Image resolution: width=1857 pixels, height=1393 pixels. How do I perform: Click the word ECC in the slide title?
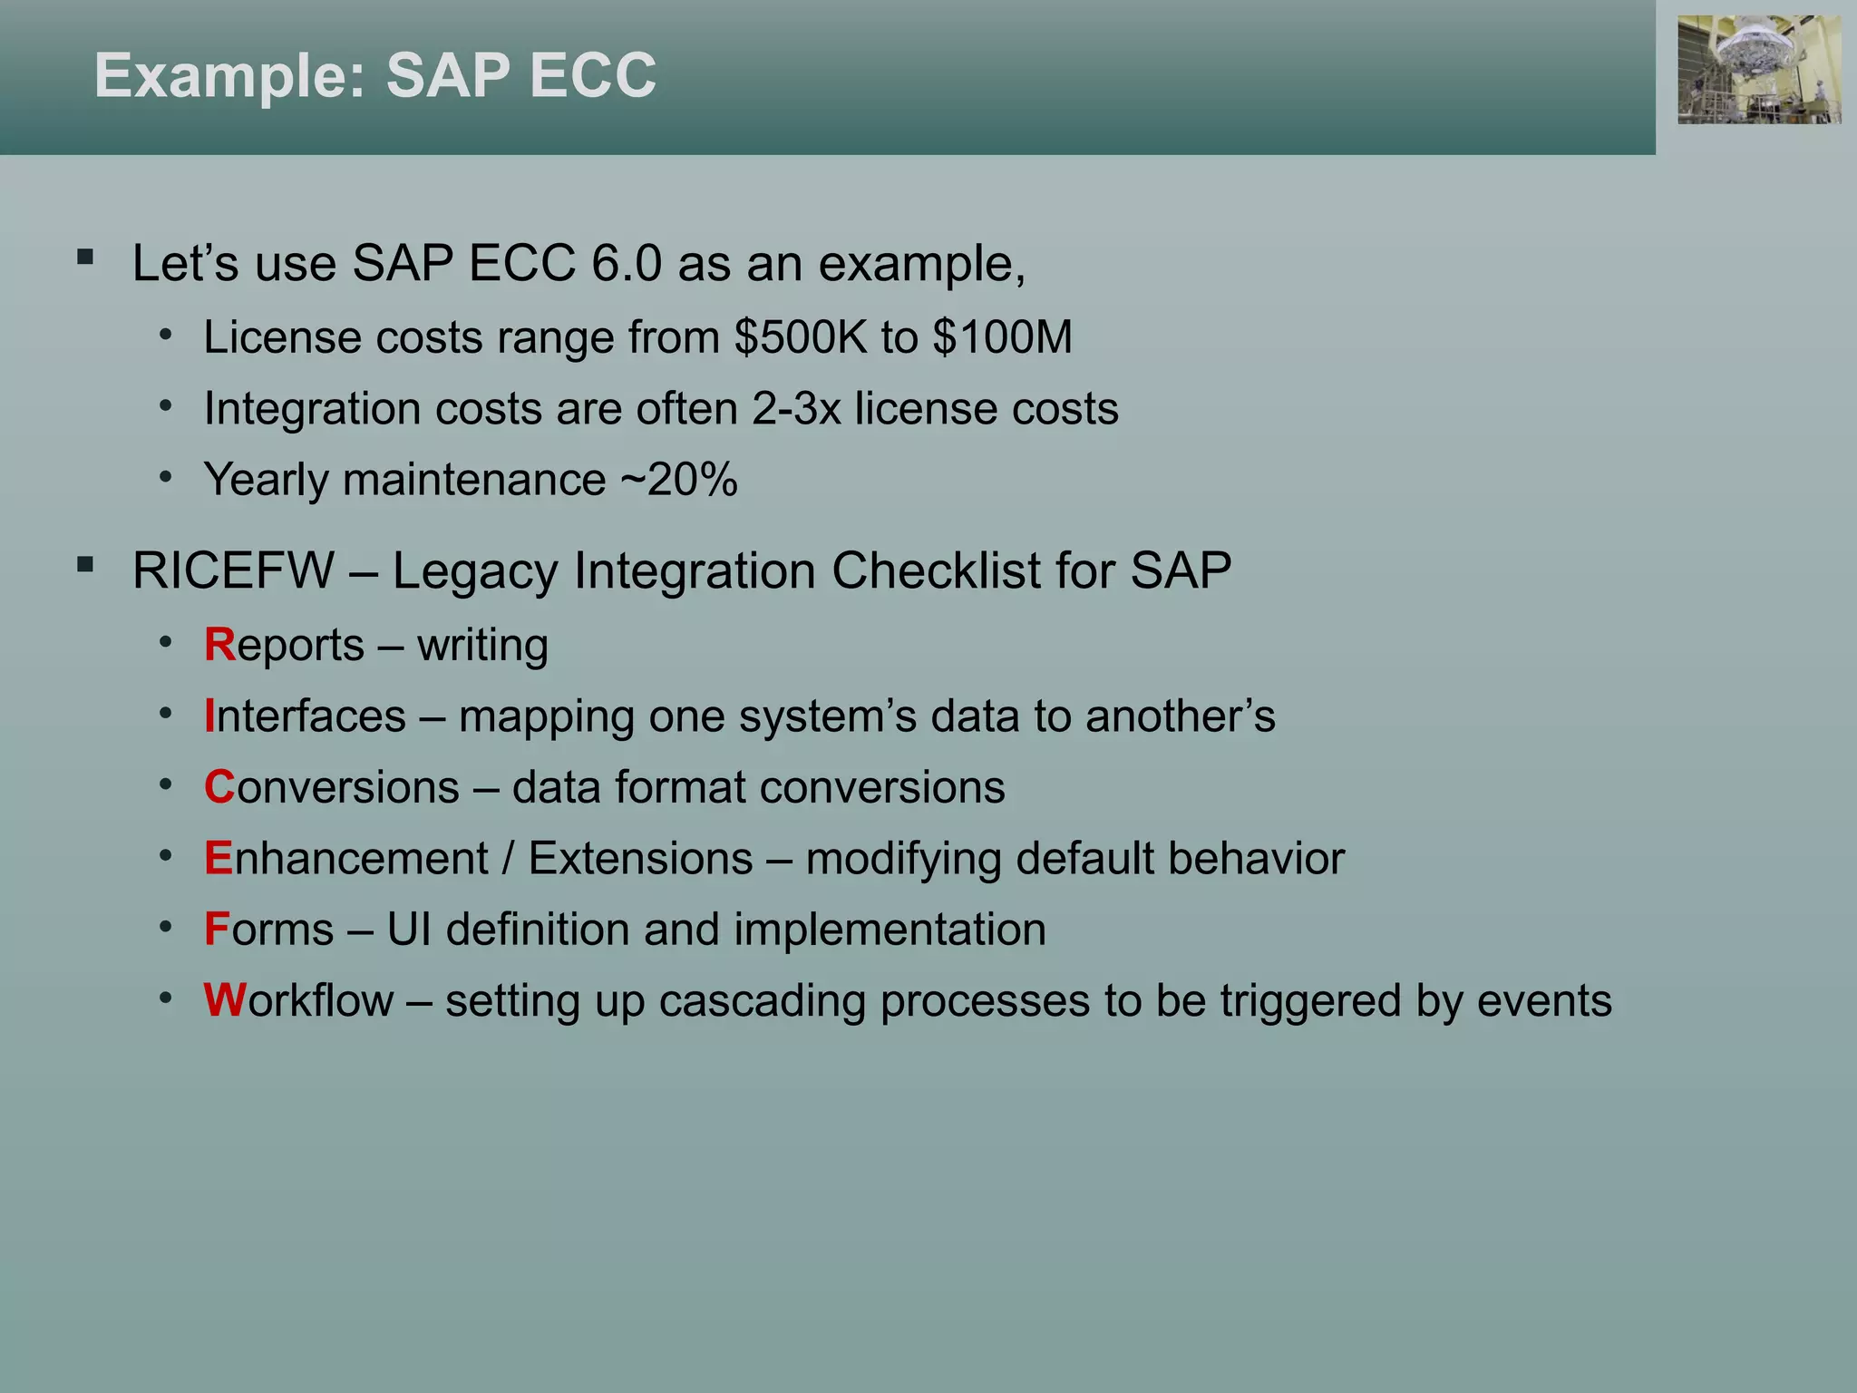pos(592,75)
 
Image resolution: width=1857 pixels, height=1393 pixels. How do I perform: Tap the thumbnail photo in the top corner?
pos(1758,70)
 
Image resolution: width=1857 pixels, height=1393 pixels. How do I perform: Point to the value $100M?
pos(1002,337)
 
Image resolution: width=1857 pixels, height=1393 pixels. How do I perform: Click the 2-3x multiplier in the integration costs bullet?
pos(796,409)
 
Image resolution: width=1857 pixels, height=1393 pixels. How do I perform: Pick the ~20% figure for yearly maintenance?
pos(678,480)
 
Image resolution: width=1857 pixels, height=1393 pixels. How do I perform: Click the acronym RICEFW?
pos(233,571)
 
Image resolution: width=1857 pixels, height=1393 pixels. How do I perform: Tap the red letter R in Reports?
pos(219,645)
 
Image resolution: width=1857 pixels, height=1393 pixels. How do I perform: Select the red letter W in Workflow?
pos(224,1000)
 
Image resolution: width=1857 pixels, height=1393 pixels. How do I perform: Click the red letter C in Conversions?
pos(219,787)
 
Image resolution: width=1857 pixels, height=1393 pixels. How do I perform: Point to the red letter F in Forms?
pos(217,930)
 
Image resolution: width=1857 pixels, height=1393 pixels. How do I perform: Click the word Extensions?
pos(640,859)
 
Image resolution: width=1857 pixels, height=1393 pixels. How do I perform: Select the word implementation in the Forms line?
pos(890,930)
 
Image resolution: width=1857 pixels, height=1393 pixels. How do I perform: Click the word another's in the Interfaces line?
pos(1180,716)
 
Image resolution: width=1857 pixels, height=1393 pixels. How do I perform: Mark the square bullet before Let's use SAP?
pos(86,257)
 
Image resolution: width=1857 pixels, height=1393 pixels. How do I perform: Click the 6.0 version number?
pos(627,264)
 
